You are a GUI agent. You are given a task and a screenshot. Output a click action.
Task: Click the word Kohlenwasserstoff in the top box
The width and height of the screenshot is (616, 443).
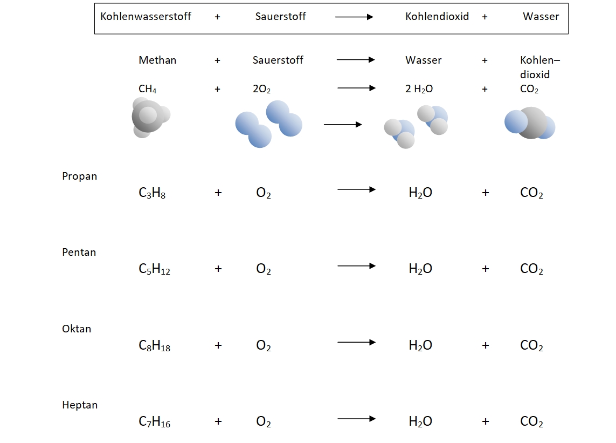point(146,16)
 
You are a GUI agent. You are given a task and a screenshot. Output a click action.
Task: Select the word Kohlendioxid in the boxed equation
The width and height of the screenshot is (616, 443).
point(437,16)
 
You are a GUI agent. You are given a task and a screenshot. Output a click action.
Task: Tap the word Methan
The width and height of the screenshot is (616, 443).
point(157,60)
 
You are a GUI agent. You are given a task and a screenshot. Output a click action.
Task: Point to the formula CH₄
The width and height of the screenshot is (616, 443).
point(148,90)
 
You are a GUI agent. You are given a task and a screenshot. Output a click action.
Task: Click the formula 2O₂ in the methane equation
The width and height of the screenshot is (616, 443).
point(262,90)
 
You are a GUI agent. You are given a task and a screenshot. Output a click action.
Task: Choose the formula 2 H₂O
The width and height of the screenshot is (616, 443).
point(419,90)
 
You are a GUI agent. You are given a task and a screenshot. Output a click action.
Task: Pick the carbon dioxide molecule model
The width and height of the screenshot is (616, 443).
point(530,123)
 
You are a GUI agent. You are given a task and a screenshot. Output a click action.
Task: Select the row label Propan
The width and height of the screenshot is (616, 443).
point(80,176)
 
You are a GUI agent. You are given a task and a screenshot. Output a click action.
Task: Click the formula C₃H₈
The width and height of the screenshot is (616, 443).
point(152,193)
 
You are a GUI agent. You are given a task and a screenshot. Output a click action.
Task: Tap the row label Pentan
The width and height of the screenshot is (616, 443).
point(79,252)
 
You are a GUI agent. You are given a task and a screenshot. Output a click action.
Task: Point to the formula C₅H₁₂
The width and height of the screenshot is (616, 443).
point(154,269)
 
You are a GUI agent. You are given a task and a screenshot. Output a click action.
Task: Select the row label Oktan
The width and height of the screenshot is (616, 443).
point(77,329)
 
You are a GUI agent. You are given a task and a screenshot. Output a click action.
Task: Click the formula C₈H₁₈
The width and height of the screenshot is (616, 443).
point(154,346)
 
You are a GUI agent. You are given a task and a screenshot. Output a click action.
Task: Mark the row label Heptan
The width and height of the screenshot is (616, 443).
point(80,405)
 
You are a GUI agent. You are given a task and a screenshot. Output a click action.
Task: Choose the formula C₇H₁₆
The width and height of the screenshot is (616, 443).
point(154,422)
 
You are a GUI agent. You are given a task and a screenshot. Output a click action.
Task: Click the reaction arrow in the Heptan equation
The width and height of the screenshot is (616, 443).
point(356,418)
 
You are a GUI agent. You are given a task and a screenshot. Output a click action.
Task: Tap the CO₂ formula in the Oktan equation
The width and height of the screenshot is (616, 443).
point(531,346)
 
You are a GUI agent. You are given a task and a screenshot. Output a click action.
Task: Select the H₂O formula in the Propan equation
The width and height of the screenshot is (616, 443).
point(420,193)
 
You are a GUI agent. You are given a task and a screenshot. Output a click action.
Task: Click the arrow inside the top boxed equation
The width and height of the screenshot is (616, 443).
point(354,17)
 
